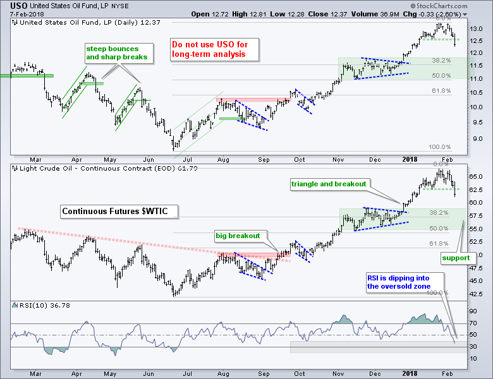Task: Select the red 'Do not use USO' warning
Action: pyautogui.click(x=208, y=50)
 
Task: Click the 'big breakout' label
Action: pyautogui.click(x=237, y=236)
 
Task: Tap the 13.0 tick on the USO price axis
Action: pyautogui.click(x=478, y=29)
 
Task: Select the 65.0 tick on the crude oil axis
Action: pyautogui.click(x=478, y=175)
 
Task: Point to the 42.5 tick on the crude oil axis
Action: pyautogui.click(x=478, y=293)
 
